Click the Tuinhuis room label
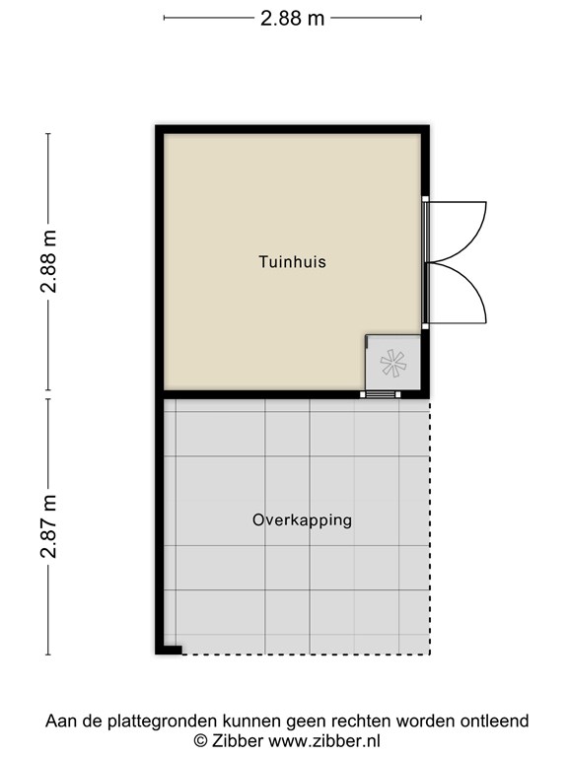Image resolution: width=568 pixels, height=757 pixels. click(x=292, y=262)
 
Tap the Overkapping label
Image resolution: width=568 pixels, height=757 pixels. click(x=302, y=519)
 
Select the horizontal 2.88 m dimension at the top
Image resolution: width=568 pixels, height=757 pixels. click(x=292, y=18)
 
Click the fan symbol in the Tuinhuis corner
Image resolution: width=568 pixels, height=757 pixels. click(x=392, y=364)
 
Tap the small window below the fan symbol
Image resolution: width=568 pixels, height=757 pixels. click(x=380, y=394)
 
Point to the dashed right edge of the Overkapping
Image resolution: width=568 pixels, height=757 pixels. click(x=430, y=522)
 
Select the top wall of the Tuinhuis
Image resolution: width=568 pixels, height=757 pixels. click(x=292, y=129)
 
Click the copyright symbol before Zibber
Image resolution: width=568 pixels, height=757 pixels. click(x=200, y=740)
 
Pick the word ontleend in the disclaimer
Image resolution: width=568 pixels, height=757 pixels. click(x=498, y=722)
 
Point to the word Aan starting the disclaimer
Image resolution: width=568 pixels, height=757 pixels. click(x=59, y=722)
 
